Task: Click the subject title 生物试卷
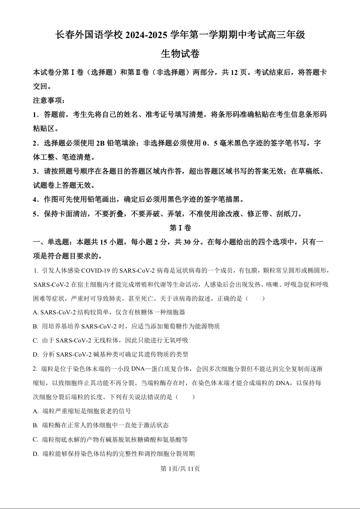(180, 54)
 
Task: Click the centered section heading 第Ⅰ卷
(180, 228)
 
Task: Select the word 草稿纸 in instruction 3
(309, 171)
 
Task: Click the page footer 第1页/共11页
(180, 469)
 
